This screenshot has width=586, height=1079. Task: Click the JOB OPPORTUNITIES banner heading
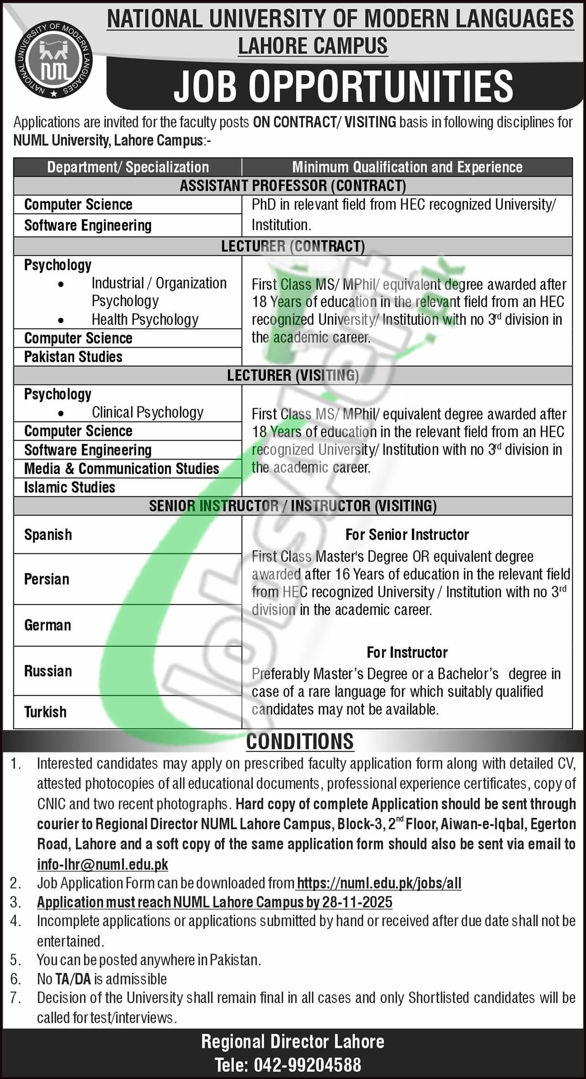(x=343, y=86)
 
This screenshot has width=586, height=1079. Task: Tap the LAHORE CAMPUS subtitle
(x=313, y=46)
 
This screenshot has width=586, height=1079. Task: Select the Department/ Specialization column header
(x=128, y=167)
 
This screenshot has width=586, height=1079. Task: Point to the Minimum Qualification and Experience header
(x=407, y=167)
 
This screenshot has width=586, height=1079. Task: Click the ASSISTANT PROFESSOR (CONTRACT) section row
(x=293, y=186)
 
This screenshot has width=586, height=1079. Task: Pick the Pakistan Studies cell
(x=73, y=356)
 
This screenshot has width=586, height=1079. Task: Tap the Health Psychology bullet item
(x=145, y=319)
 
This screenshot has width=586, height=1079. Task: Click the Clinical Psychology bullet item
(x=147, y=412)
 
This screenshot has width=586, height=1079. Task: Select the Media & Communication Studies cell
(x=121, y=468)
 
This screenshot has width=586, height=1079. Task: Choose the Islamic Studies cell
(x=69, y=487)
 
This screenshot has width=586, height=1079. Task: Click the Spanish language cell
(x=48, y=534)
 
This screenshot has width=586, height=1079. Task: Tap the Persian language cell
(x=47, y=579)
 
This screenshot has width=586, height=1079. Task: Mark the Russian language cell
(x=48, y=671)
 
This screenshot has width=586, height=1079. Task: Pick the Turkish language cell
(x=45, y=712)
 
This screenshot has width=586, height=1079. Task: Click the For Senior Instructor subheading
(x=407, y=534)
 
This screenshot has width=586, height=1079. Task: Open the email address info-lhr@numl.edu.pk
(x=103, y=864)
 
